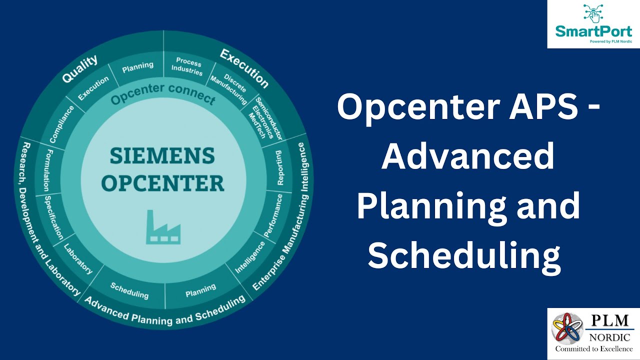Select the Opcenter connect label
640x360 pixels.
(x=163, y=94)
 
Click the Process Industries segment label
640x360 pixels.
(x=189, y=67)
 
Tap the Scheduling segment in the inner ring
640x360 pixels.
(x=129, y=290)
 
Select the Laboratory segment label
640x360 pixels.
(x=78, y=258)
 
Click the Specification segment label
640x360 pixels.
(x=53, y=217)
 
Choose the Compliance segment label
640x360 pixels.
(x=61, y=125)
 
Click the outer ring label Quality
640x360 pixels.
(x=79, y=69)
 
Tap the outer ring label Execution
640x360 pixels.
(x=244, y=68)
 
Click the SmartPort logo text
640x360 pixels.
(x=593, y=31)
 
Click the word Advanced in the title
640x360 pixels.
(x=467, y=156)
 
